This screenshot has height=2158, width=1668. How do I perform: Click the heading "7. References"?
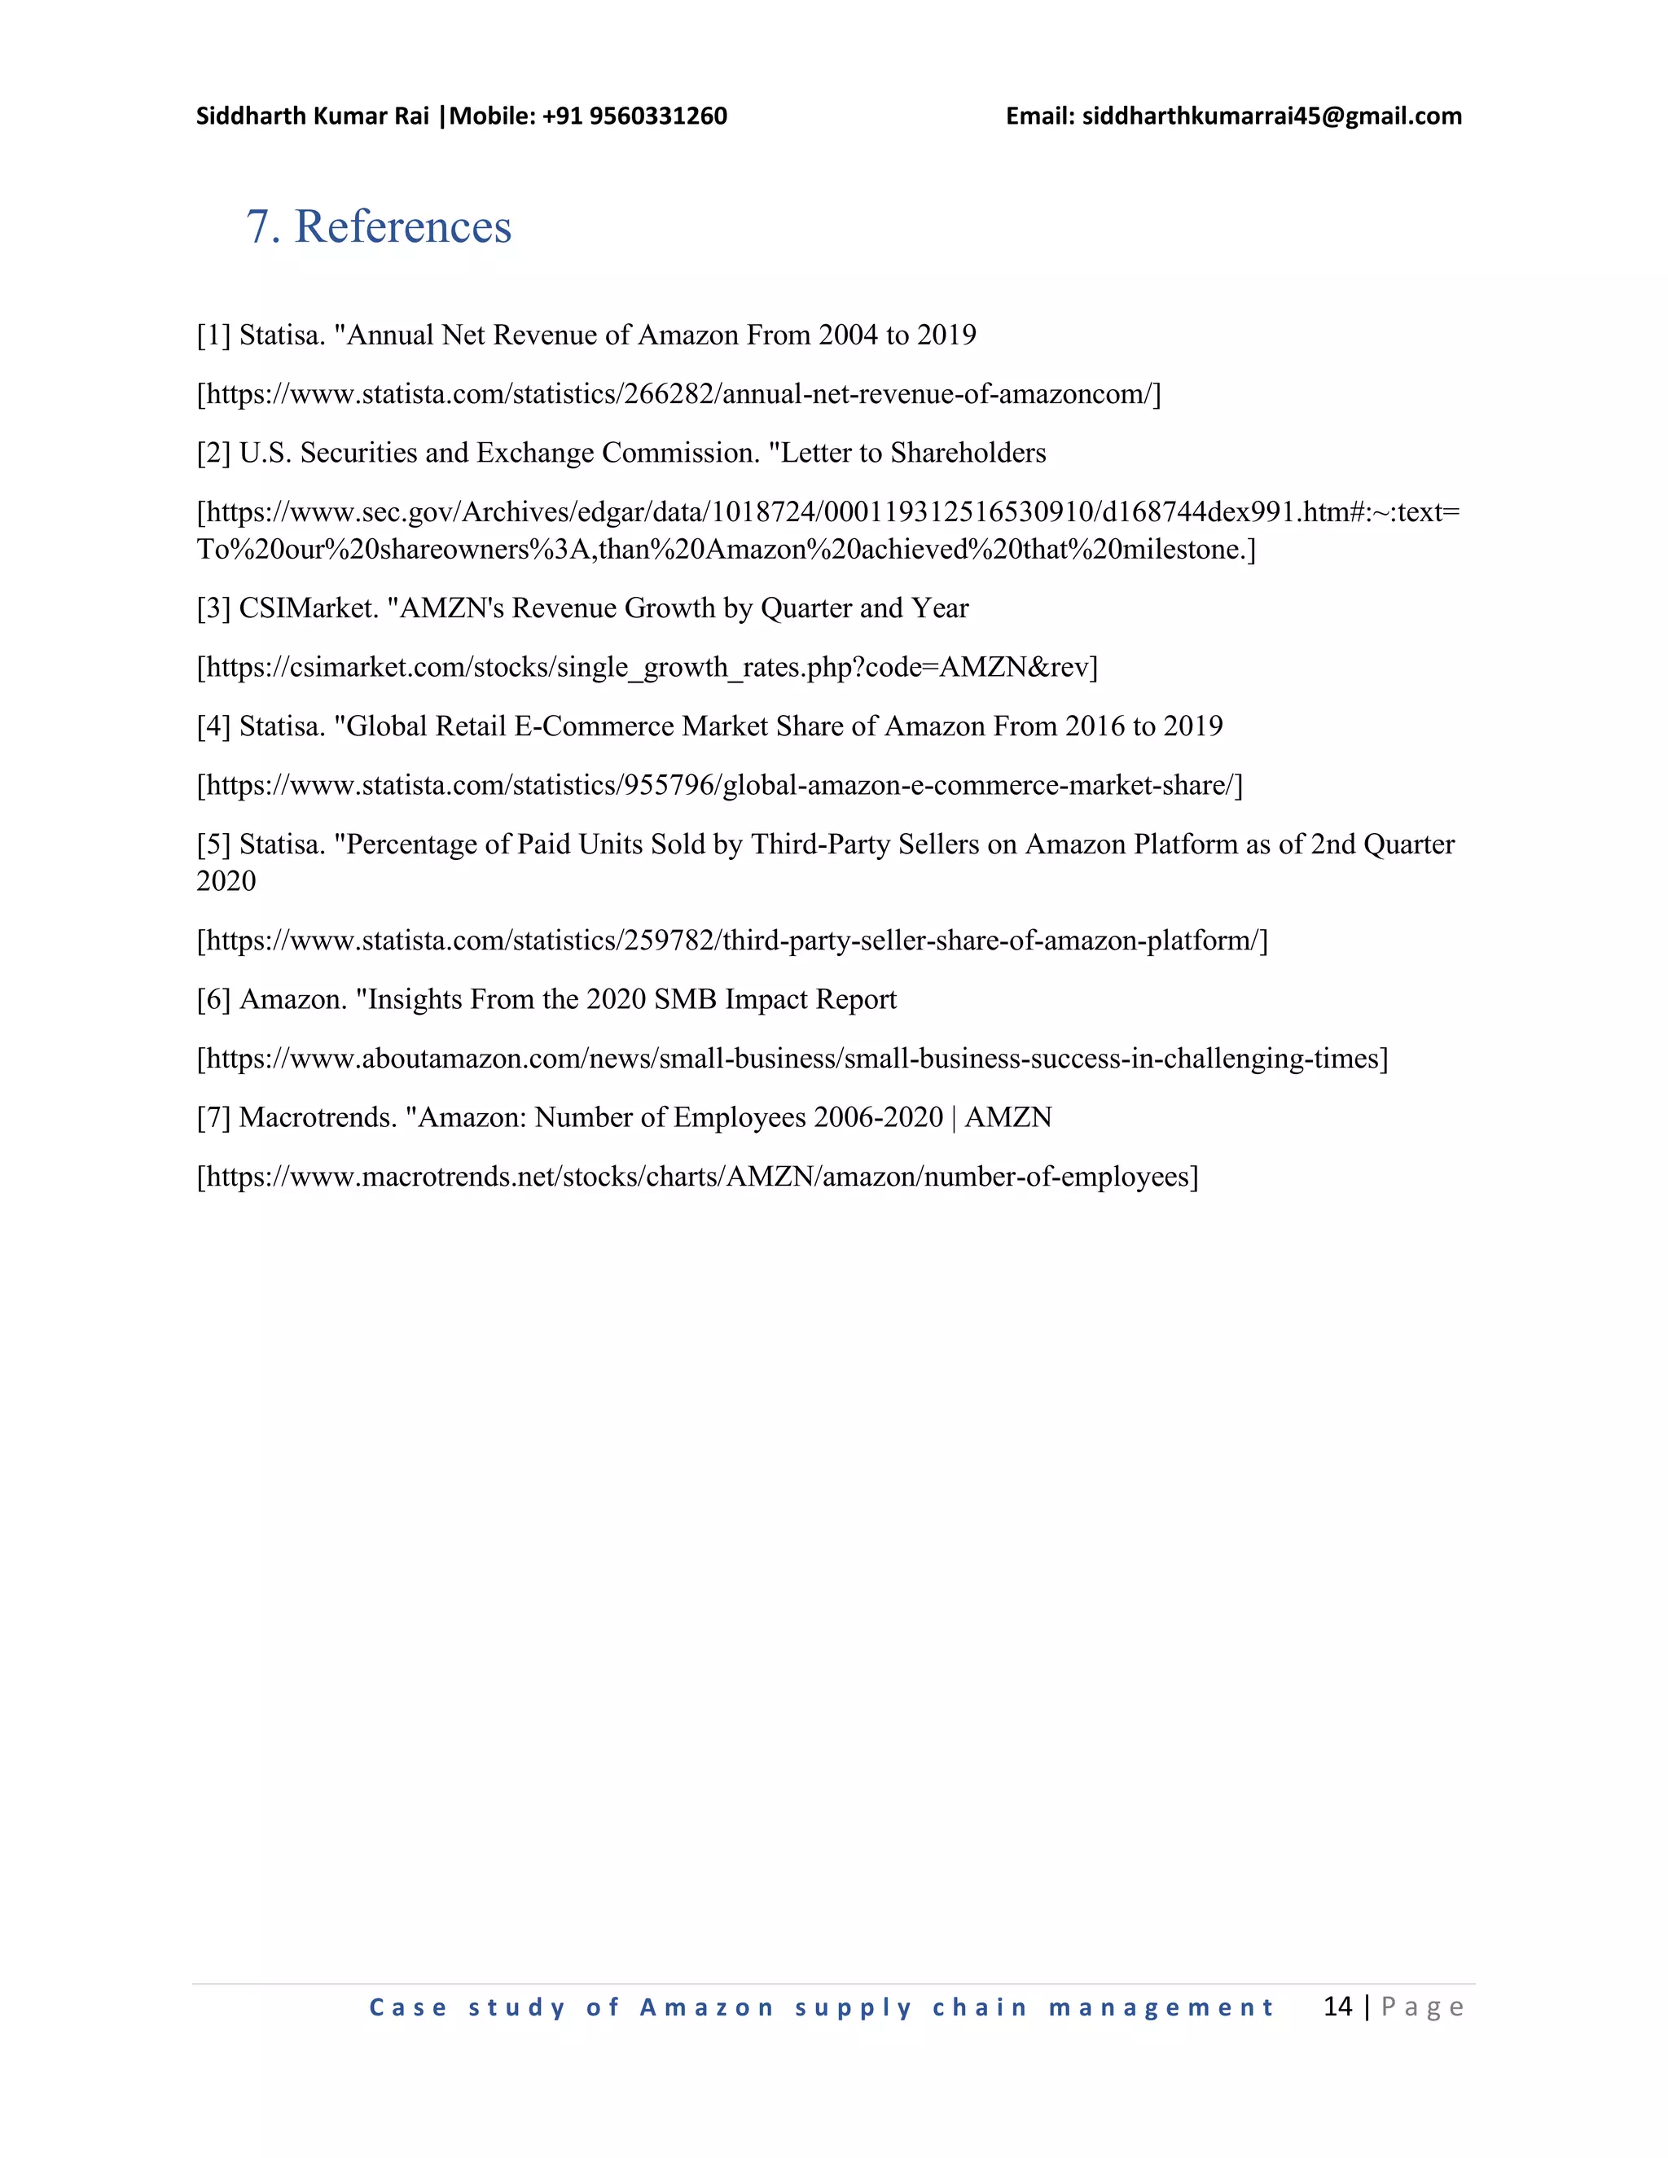[379, 226]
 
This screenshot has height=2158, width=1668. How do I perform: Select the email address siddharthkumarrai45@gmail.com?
[1271, 116]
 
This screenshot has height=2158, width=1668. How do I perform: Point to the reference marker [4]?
[213, 727]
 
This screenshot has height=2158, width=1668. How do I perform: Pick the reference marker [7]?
[213, 1117]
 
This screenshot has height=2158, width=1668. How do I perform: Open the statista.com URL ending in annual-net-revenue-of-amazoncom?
[679, 394]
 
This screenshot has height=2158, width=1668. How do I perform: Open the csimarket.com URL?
[647, 668]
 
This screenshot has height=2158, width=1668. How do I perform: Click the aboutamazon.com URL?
[792, 1059]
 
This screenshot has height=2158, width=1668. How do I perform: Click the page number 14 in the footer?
[1337, 2006]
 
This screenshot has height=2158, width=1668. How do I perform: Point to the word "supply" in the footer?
[853, 2008]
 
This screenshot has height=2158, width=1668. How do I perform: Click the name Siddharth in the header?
[251, 116]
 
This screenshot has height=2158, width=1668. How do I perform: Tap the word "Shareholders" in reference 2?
[968, 453]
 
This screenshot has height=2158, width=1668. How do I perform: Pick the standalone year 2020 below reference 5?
[226, 881]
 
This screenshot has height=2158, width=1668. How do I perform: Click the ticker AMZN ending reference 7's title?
[1008, 1117]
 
